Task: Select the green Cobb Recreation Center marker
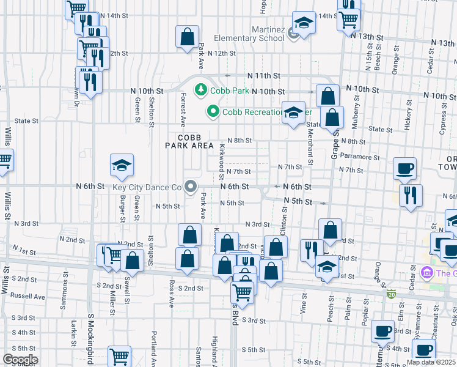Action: pyautogui.click(x=213, y=111)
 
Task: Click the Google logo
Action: pyautogui.click(x=20, y=360)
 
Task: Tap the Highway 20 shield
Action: pyautogui.click(x=391, y=294)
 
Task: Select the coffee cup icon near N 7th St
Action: pyautogui.click(x=404, y=168)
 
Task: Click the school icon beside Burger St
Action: pyautogui.click(x=122, y=165)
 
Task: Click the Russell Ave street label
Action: pyautogui.click(x=31, y=297)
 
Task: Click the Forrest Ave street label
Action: pyautogui.click(x=183, y=109)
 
